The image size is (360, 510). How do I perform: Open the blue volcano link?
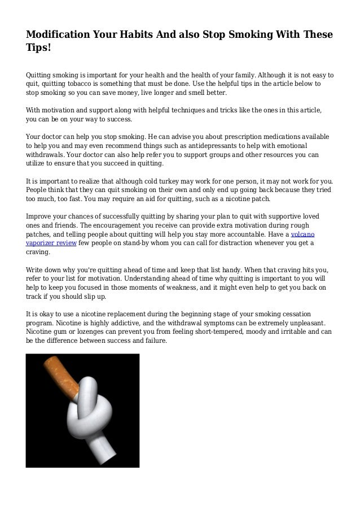[304, 233]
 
